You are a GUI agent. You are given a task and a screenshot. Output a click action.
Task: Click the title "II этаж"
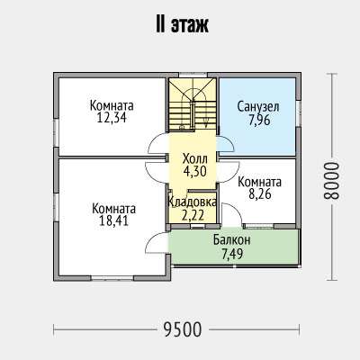[x=182, y=25]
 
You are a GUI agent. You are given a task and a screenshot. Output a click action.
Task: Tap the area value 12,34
[x=112, y=118]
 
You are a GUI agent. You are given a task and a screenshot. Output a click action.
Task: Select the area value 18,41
[x=113, y=220]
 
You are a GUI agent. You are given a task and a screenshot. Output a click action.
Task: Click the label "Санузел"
[x=258, y=107]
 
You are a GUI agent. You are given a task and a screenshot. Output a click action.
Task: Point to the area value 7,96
[x=259, y=120]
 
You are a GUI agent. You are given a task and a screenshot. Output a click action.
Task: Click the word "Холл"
[x=195, y=159]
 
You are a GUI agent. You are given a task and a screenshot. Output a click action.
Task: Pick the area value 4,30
[x=195, y=172]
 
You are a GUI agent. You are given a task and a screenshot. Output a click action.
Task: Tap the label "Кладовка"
[x=193, y=202]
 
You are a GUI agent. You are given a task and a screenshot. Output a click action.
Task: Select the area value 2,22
[x=193, y=215]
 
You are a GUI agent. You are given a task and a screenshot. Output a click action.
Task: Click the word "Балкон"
[x=232, y=240]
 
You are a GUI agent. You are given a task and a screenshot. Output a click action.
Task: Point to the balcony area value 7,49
[x=232, y=255]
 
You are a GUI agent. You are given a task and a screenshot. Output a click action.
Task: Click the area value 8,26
[x=260, y=194]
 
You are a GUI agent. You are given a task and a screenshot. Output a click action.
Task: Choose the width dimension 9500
[x=183, y=329]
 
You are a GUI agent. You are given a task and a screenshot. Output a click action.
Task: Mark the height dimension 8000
[x=331, y=181]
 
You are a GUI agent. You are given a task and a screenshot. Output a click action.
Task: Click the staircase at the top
[x=193, y=104]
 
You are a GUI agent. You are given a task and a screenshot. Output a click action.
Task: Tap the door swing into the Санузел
[x=226, y=144]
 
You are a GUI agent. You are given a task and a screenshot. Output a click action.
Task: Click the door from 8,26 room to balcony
[x=232, y=214]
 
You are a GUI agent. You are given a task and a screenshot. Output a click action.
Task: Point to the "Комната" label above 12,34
[x=112, y=105]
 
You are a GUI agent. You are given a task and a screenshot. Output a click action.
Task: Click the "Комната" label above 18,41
[x=113, y=209]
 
